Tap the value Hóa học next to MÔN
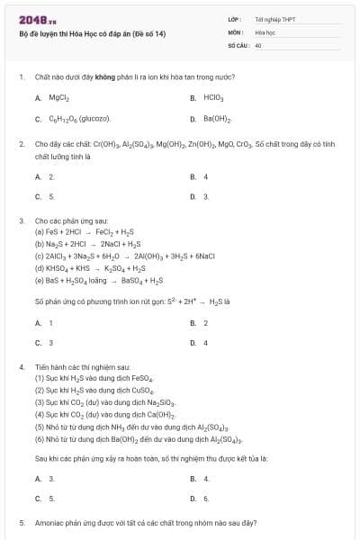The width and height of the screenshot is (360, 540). point(265,31)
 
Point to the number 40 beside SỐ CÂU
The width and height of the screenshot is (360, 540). point(258,43)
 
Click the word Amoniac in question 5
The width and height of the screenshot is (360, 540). point(50,522)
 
